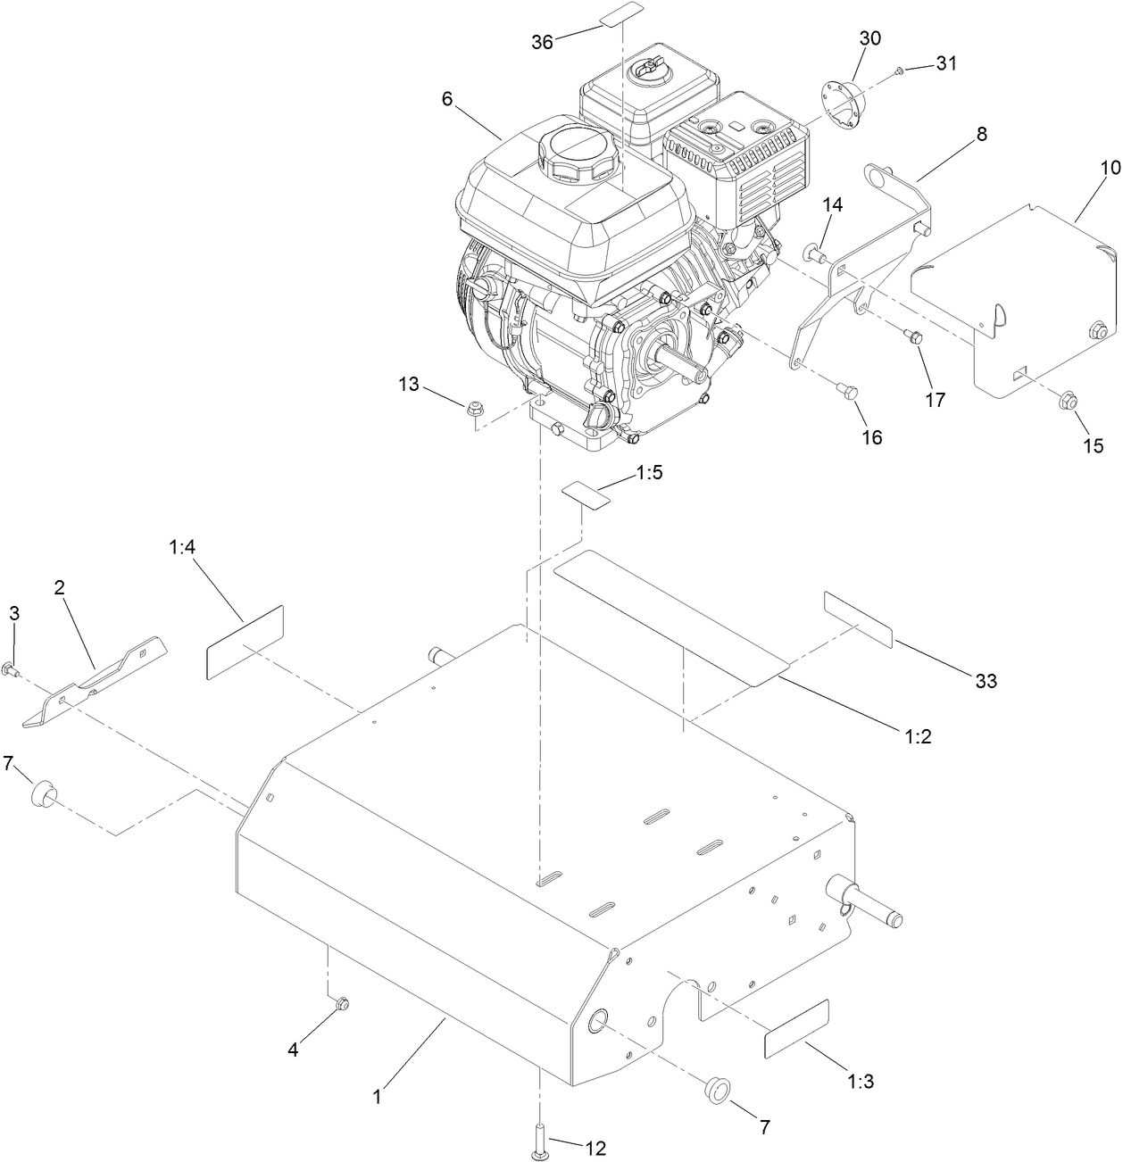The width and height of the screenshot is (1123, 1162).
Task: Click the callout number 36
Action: (x=542, y=41)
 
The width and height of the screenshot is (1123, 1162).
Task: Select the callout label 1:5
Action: (x=649, y=474)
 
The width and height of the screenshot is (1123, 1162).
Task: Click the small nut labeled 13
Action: (x=473, y=410)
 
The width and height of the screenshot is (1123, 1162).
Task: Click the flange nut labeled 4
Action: (x=340, y=1006)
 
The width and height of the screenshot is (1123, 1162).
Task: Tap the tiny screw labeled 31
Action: (x=900, y=70)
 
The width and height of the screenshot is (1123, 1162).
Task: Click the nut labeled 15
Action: (x=1065, y=402)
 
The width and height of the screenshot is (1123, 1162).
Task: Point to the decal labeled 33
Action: (x=857, y=618)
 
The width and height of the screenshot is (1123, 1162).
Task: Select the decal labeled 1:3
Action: (x=797, y=1029)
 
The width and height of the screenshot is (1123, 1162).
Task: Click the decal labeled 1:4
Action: (x=245, y=643)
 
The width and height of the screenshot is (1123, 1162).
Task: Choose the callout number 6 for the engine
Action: (x=447, y=99)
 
